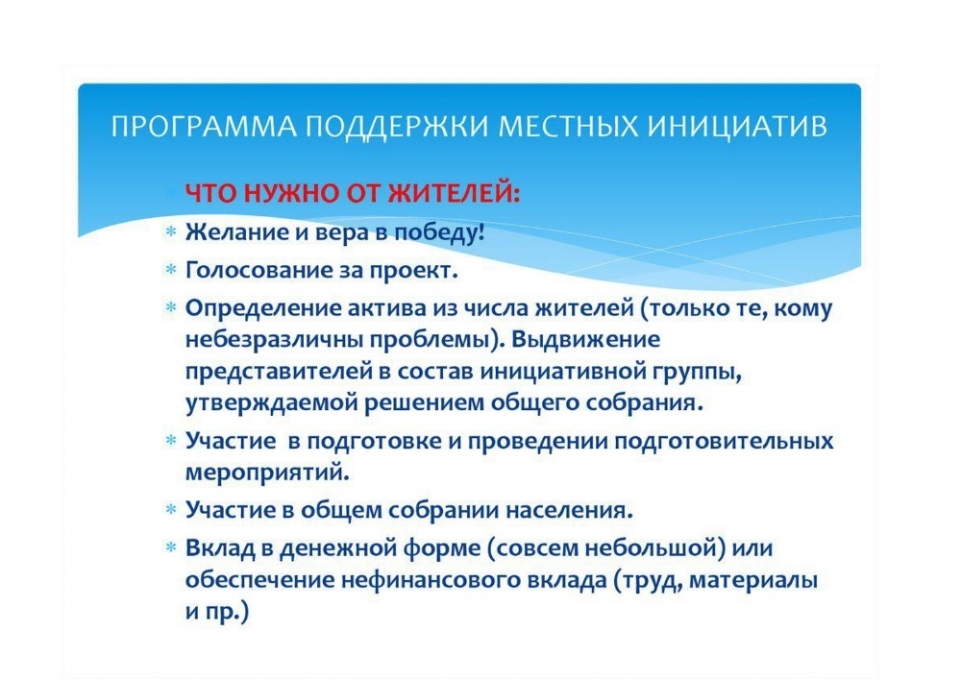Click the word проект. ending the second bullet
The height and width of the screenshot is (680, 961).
pos(413,270)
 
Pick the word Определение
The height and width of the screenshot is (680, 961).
pos(252,308)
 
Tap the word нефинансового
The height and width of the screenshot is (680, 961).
pos(408,579)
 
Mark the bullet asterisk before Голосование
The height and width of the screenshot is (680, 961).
pos(170,271)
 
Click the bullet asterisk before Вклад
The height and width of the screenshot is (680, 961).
pos(170,548)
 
